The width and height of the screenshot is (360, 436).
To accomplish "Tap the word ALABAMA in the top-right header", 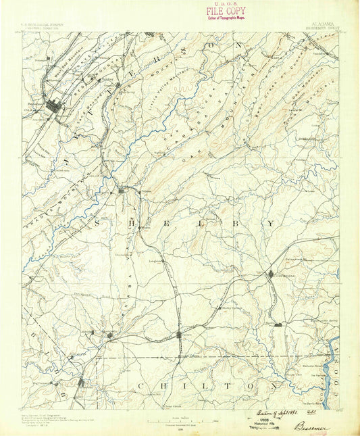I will (x=305, y=29).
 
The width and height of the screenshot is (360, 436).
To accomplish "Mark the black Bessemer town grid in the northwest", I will (x=55, y=105).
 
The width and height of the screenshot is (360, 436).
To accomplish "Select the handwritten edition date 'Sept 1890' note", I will (x=277, y=410).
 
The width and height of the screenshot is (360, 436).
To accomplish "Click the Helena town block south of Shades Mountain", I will (x=122, y=191).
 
